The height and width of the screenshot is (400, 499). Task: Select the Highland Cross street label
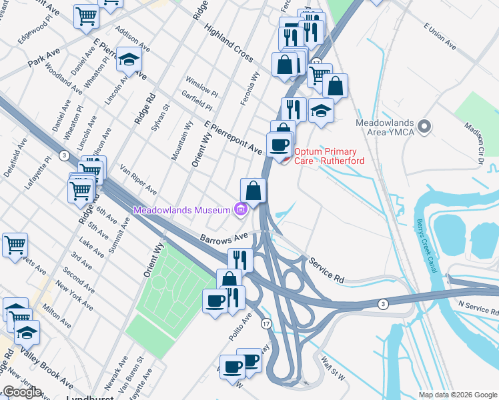(228, 42)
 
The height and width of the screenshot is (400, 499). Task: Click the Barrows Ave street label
(223, 237)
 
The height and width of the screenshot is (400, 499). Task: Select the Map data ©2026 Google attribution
(458, 395)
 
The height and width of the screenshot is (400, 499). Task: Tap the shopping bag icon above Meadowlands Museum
(253, 191)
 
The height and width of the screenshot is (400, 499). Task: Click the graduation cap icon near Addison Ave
(129, 60)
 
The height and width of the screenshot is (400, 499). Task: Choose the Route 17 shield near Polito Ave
(265, 323)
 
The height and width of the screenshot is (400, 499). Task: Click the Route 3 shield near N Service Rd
(383, 304)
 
